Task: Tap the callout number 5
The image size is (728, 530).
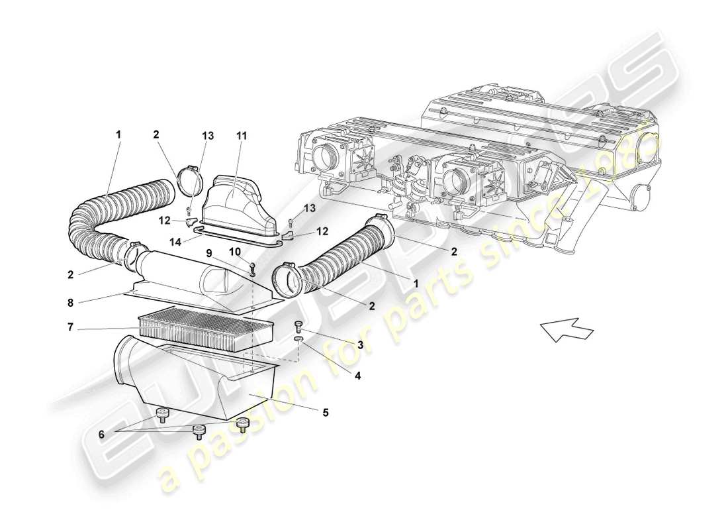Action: click(x=325, y=412)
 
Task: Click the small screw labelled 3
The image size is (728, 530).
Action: click(x=298, y=325)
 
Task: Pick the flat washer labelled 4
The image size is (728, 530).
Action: click(x=298, y=339)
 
